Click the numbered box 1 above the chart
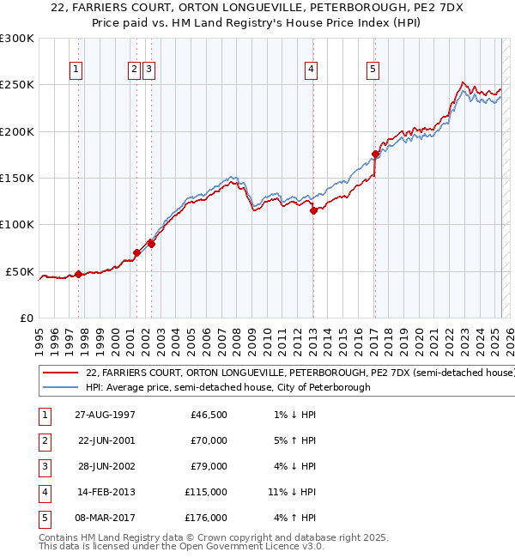(x=76, y=70)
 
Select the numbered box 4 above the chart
(x=310, y=70)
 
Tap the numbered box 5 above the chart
(x=373, y=70)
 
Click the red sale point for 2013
(x=313, y=210)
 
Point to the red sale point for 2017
(x=375, y=154)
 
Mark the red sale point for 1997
(x=78, y=275)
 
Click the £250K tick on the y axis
(x=17, y=85)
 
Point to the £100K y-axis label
(x=17, y=224)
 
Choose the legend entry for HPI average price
(x=227, y=388)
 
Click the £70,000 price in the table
(x=208, y=440)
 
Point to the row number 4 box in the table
(x=43, y=492)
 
